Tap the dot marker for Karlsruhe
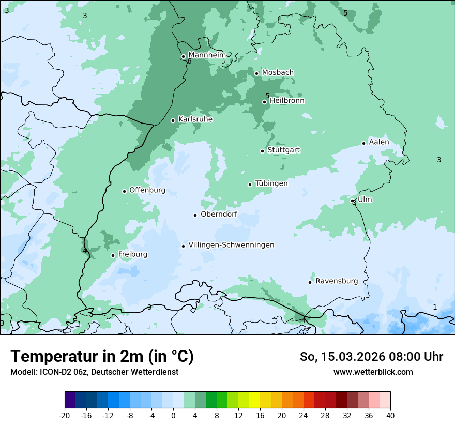point(173,120)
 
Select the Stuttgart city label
point(283,150)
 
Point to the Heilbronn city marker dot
point(265,102)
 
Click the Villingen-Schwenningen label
point(231,245)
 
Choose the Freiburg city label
point(132,254)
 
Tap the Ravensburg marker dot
point(310,282)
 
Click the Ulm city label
point(365,200)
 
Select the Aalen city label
point(378,142)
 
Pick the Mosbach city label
point(278,73)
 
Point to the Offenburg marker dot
point(125,191)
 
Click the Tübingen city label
point(271,183)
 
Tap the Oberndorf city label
point(219,214)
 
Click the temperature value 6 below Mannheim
point(189,62)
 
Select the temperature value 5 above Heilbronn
point(267,96)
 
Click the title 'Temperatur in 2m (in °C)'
point(102,356)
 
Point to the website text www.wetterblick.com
point(373,372)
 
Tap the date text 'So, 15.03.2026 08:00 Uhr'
point(371,357)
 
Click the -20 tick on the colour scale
point(65,415)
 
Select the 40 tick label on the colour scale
point(390,415)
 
